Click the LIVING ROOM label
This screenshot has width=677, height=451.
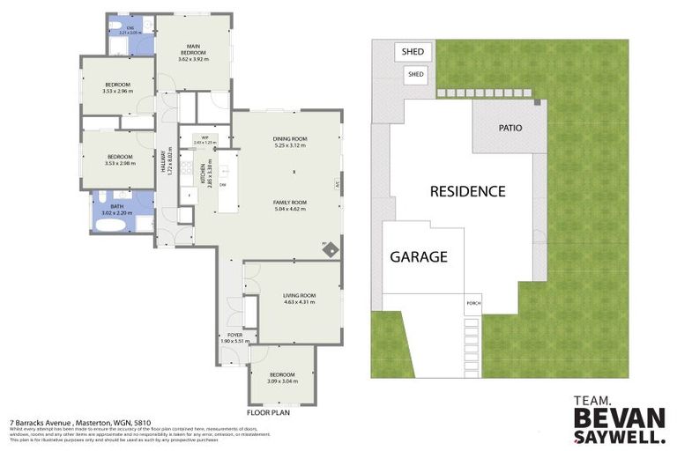300,296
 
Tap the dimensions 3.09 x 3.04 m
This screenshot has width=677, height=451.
282,381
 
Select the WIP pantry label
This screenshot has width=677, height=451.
204,138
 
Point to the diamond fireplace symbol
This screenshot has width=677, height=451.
329,250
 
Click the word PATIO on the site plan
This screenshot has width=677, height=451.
510,128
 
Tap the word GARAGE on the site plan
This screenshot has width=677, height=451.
419,257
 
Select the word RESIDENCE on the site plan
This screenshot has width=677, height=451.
467,190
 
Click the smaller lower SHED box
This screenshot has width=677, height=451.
416,75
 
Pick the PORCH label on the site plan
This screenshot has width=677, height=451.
472,304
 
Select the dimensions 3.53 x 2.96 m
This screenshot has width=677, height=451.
117,91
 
